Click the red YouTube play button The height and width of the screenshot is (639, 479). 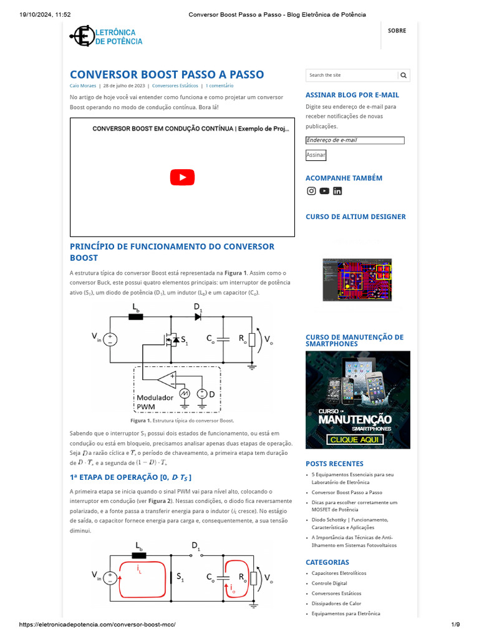tap(182, 177)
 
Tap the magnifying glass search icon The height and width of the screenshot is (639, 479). tap(404, 76)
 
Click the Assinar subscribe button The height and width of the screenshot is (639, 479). tap(316, 155)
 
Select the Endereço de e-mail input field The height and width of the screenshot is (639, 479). tap(355, 140)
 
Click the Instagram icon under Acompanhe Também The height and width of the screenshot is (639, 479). tap(311, 191)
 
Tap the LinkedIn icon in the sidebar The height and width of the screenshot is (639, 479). tap(337, 191)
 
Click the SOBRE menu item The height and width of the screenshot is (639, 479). tap(397, 31)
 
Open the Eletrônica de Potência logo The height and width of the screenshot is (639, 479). tap(106, 36)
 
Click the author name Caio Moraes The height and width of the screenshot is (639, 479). tap(82, 85)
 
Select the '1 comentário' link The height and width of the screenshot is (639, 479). tap(220, 85)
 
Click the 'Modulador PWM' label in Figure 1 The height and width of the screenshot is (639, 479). tap(155, 402)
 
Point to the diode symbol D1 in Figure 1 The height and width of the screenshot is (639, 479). tap(198, 317)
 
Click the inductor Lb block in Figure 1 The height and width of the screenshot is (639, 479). tap(135, 317)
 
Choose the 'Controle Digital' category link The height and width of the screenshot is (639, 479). tap(330, 583)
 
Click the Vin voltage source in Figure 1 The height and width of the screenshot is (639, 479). tap(110, 339)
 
